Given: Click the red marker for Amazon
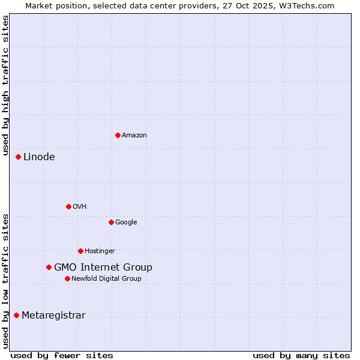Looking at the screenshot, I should click(x=118, y=135).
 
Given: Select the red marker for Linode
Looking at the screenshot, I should click(x=19, y=157).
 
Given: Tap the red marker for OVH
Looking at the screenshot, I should click(x=68, y=206).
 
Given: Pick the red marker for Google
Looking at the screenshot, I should click(x=111, y=222).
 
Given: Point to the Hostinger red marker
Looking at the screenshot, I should click(x=80, y=251).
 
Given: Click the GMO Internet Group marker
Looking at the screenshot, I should click(x=49, y=268).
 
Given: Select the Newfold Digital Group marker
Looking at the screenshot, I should click(x=67, y=278).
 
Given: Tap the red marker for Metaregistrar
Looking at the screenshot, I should click(x=17, y=316).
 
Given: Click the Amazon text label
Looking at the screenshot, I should click(x=134, y=136).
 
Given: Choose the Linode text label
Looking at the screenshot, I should click(x=39, y=157).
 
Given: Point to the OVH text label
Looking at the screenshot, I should click(x=80, y=207).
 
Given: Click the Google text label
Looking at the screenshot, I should click(x=126, y=223).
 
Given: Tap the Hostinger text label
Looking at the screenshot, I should click(x=100, y=251).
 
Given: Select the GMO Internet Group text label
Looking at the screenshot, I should click(x=103, y=268).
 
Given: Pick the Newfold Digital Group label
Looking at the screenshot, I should click(x=106, y=279).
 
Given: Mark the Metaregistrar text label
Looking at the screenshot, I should click(x=53, y=316).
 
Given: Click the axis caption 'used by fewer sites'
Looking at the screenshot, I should click(x=62, y=356).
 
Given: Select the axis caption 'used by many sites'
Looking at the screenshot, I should click(x=301, y=356).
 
